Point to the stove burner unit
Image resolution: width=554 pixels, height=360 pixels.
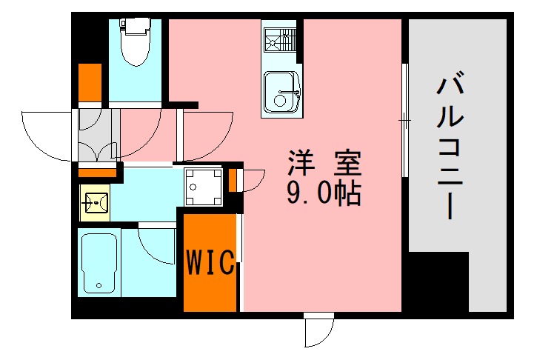point(281,38)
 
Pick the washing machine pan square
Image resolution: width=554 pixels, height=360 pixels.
point(202,186)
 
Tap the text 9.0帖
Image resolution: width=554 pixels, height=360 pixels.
point(324,194)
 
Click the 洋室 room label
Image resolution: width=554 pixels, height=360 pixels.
point(324,162)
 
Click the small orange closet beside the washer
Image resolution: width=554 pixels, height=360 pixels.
point(233,179)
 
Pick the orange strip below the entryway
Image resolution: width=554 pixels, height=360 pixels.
point(97,173)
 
